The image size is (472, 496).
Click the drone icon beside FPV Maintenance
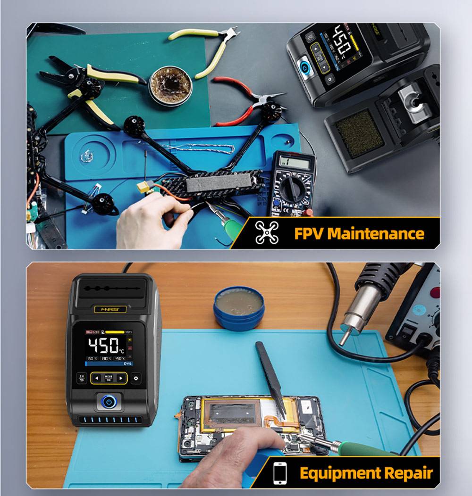[x=267, y=232]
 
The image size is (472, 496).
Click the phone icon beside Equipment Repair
[x=280, y=472]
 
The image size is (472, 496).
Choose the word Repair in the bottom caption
[x=409, y=472]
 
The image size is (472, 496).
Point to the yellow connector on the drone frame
[x=143, y=188]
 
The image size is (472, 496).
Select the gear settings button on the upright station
[x=136, y=378]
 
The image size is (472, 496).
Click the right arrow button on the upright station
[x=121, y=378]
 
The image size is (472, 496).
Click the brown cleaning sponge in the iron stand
[x=360, y=133]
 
